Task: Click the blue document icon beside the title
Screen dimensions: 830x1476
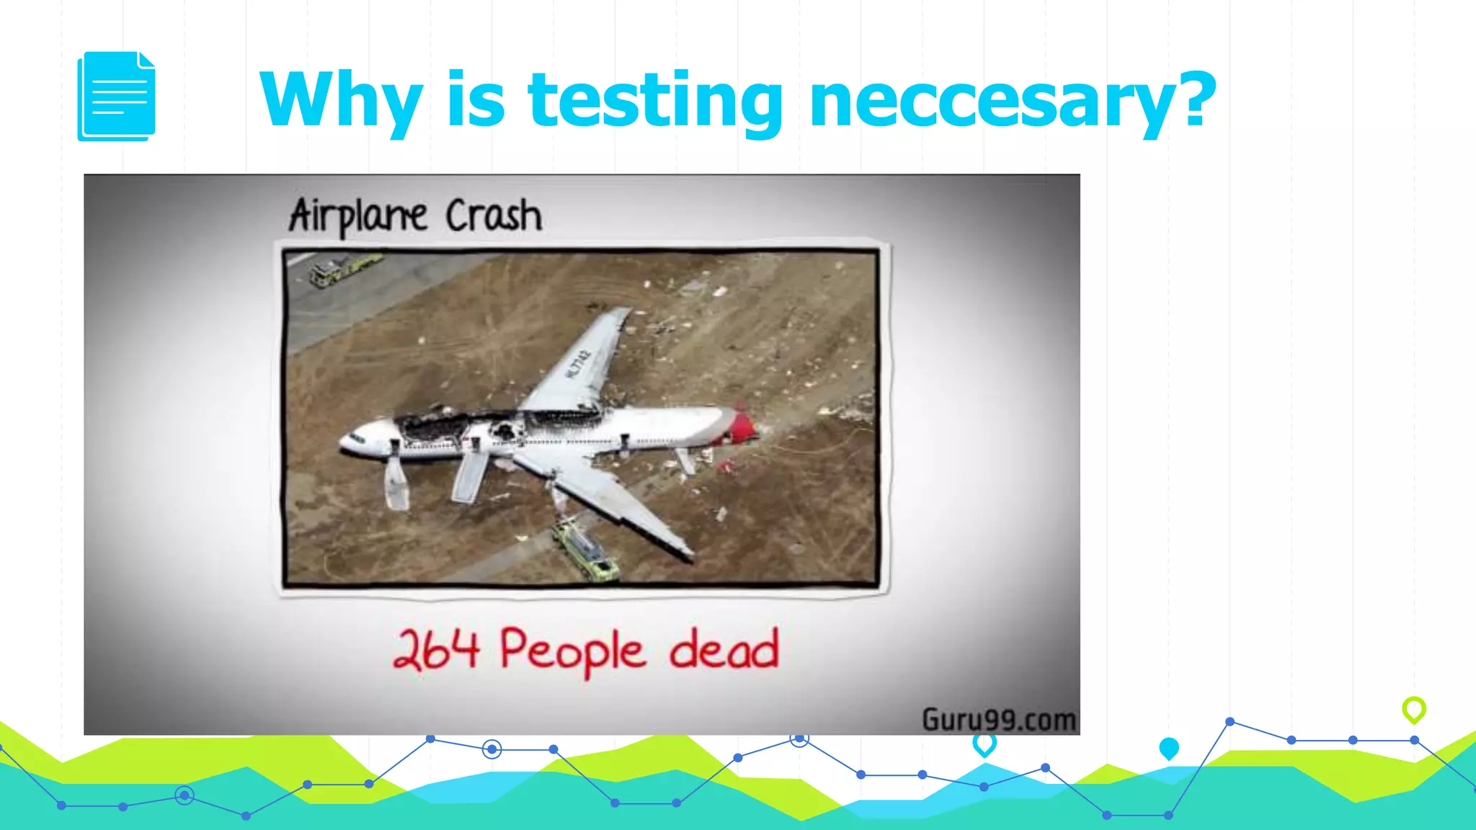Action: (116, 96)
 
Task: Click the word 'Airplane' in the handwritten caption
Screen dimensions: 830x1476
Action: (358, 215)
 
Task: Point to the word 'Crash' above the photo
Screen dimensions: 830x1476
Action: (494, 215)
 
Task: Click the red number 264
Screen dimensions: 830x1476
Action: (436, 649)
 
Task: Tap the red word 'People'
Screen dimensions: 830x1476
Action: (572, 651)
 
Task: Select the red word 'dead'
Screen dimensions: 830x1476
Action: (724, 649)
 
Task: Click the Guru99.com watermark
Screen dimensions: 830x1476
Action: (999, 719)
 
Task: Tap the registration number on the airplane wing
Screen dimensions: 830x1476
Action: (578, 364)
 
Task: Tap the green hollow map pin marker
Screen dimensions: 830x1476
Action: (1414, 709)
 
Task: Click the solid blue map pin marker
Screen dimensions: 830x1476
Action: (1169, 749)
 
